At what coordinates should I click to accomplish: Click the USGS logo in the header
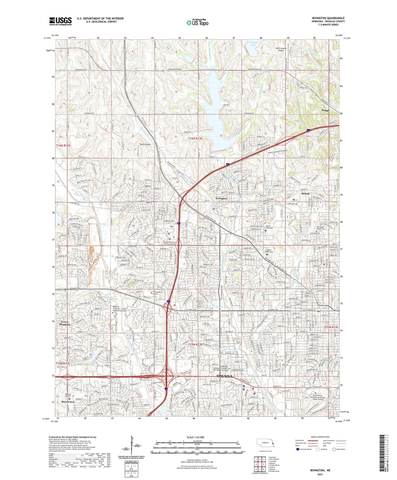[60, 21]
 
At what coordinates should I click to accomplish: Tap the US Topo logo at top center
[197, 23]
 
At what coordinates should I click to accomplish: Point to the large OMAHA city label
[224, 376]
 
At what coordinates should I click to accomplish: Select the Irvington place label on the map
[221, 198]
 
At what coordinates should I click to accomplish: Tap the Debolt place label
[306, 194]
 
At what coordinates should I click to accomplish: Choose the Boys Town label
[68, 402]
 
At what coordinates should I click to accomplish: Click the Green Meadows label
[65, 323]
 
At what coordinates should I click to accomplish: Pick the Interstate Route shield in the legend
[298, 449]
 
